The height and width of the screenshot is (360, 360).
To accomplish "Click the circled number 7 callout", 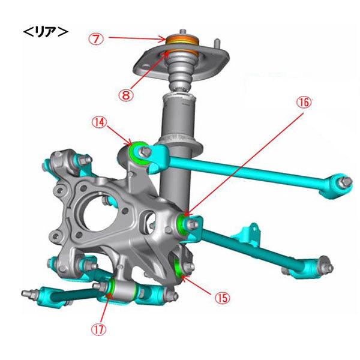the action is [x=96, y=39].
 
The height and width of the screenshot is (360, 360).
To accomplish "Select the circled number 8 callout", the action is [x=125, y=94].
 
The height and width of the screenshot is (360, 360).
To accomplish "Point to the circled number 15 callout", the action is [x=222, y=298].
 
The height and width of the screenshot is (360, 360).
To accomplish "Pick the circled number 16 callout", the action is [x=304, y=103].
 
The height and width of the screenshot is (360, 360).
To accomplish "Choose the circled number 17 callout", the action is [x=99, y=329].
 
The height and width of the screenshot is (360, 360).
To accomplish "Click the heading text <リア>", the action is [x=46, y=32].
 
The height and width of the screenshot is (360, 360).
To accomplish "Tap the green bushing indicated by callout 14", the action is [x=138, y=152].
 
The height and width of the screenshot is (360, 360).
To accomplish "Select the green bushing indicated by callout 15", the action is [x=178, y=267].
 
